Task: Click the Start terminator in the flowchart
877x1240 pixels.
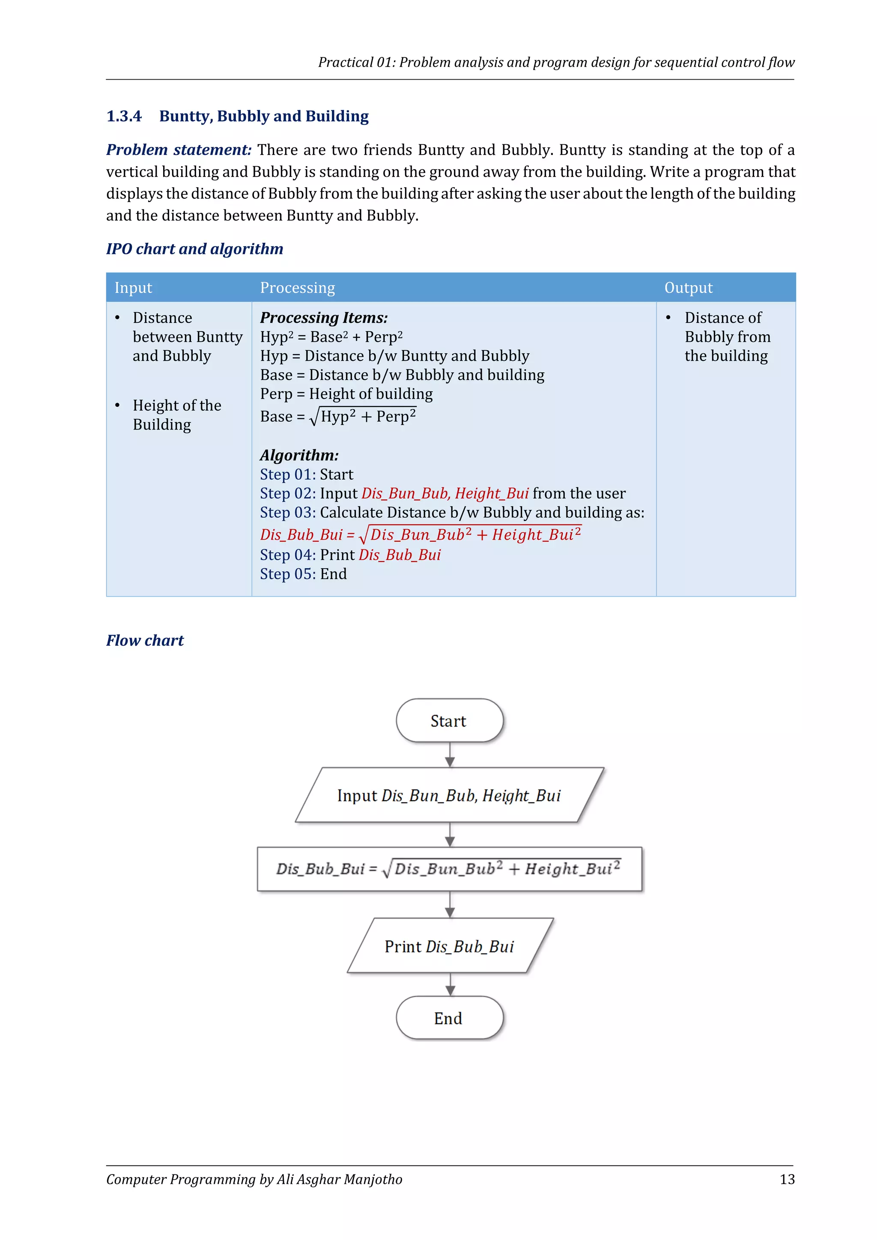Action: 449,721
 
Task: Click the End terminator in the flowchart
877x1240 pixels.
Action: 449,1018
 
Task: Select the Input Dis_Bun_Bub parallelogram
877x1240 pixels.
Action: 449,795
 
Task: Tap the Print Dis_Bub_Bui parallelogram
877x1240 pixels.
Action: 449,946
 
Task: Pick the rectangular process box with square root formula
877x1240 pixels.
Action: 449,868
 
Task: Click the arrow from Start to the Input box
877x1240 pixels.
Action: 450,755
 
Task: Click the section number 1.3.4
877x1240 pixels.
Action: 124,116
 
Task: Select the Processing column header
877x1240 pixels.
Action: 298,288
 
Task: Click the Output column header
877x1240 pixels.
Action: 688,288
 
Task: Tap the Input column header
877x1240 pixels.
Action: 133,288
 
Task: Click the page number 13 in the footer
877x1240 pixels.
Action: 787,1179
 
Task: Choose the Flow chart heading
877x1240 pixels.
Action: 145,641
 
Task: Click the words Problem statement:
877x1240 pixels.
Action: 179,149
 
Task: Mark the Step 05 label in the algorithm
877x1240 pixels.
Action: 287,574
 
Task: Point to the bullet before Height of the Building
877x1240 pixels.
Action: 118,405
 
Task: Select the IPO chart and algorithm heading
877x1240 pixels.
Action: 194,249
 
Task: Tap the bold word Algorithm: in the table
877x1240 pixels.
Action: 299,455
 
